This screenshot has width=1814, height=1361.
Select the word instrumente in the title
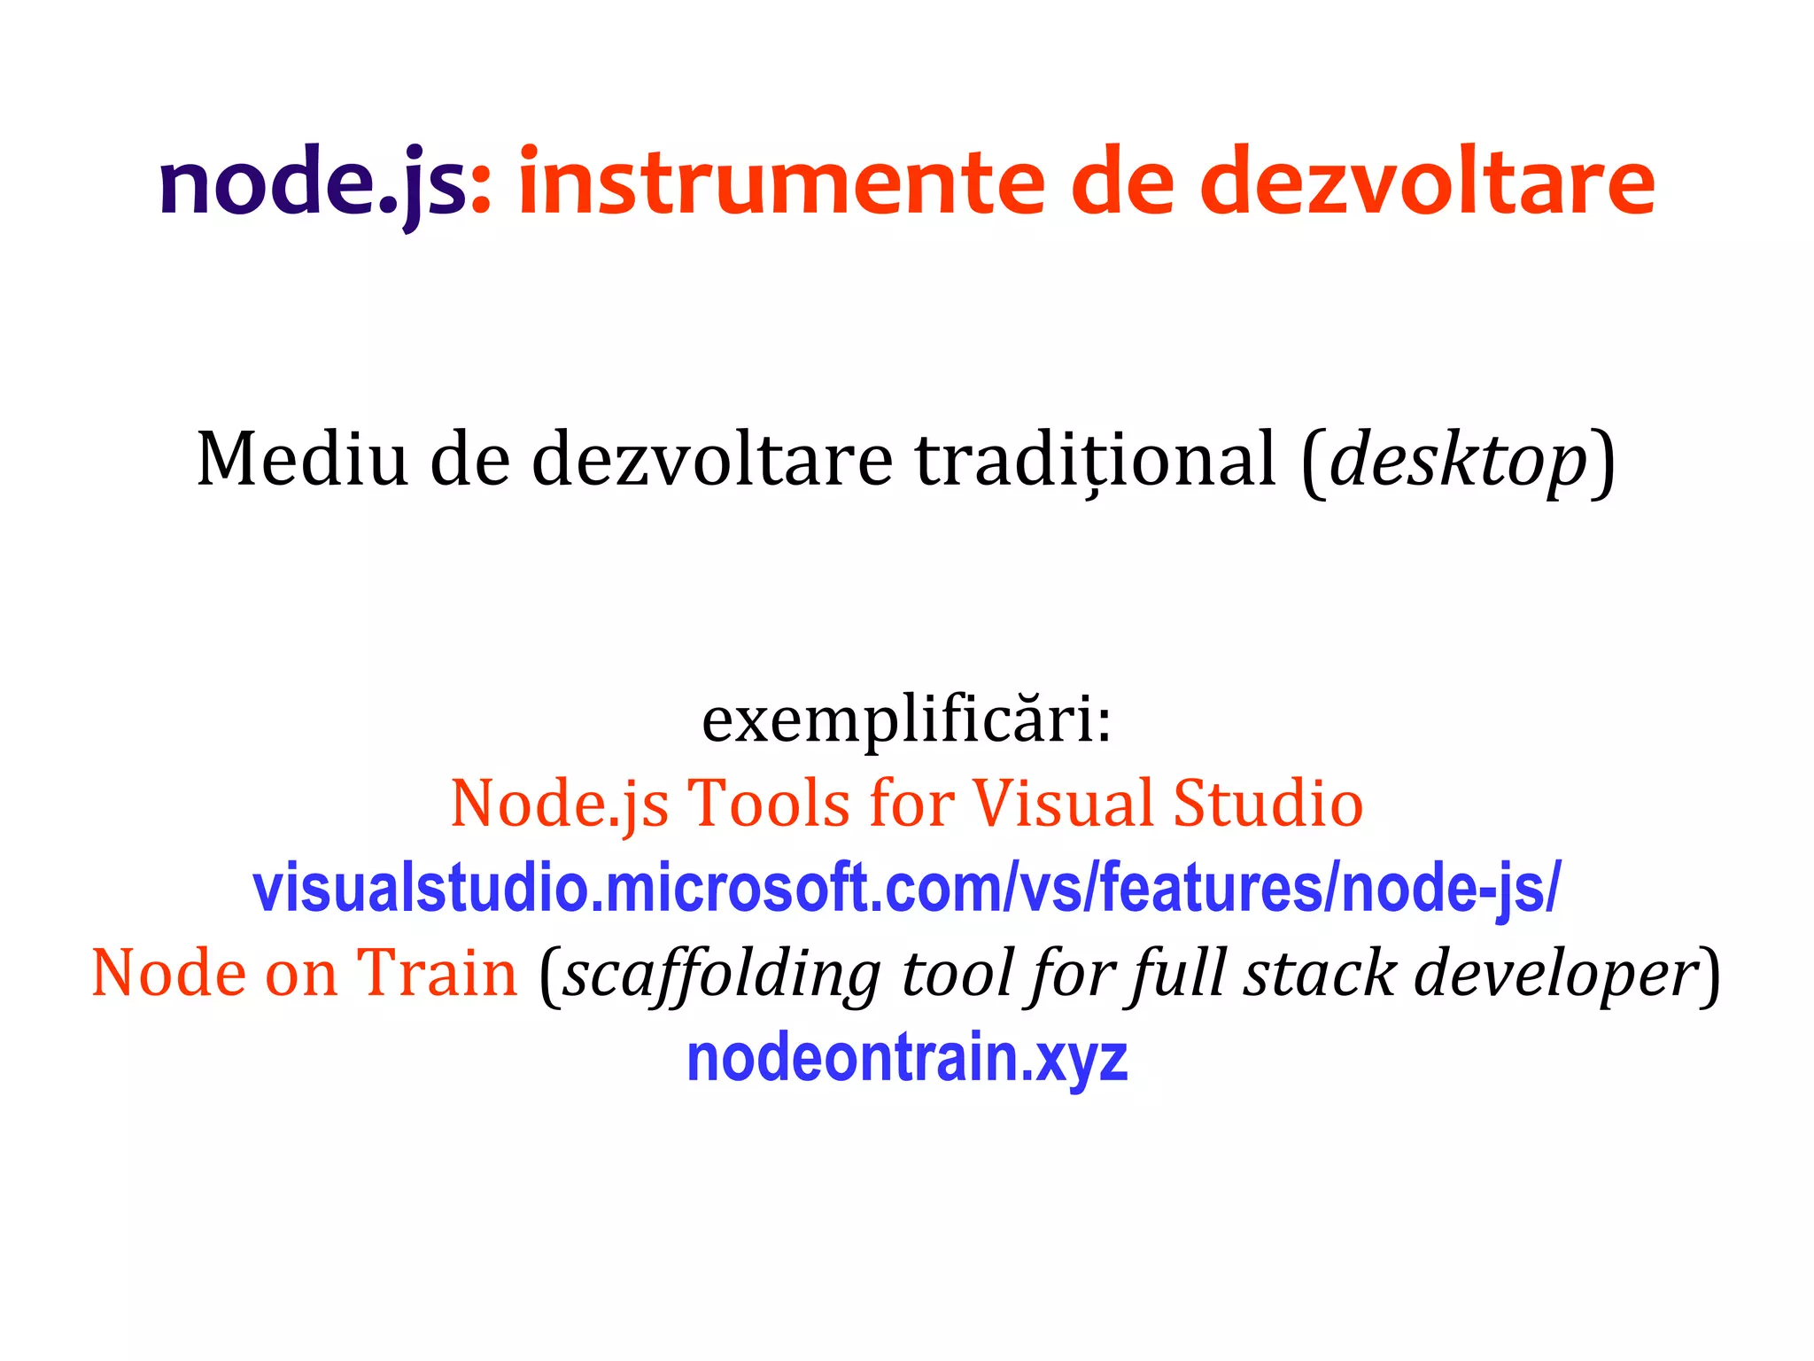coord(782,184)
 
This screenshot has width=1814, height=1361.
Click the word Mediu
coord(302,459)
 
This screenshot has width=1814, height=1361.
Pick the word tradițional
coord(1096,459)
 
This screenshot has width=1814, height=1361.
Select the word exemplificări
coord(905,719)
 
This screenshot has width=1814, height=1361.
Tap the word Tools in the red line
coord(769,804)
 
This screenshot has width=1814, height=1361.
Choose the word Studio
coord(1268,804)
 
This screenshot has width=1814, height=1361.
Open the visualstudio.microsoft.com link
coord(906,889)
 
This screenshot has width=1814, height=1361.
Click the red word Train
coord(437,973)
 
